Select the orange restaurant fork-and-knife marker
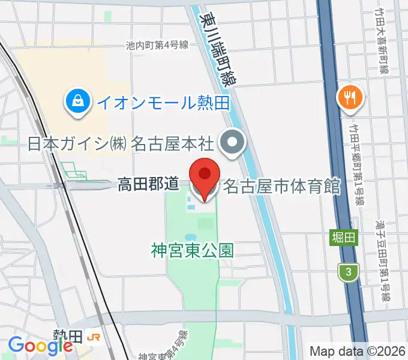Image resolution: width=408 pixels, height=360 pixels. (349, 97)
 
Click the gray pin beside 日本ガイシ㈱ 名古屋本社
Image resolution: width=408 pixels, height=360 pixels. (232, 143)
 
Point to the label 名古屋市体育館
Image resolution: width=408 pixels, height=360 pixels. (281, 187)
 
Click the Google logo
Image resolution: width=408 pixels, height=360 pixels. (40, 346)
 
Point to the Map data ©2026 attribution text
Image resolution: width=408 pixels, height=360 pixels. (358, 351)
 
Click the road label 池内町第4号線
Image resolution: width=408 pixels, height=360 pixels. (158, 44)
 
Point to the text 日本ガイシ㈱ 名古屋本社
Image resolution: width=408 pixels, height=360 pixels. (121, 144)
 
